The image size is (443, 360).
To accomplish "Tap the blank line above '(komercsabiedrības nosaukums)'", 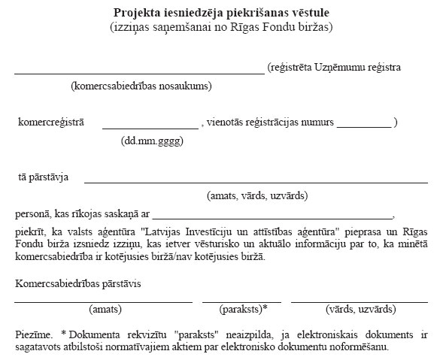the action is (139, 74).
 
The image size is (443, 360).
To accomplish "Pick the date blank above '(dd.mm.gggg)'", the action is (150, 128).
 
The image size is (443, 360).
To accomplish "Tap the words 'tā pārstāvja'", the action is (44, 177).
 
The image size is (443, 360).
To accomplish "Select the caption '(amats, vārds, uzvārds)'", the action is (256, 195).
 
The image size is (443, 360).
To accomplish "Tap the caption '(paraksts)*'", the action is (244, 309).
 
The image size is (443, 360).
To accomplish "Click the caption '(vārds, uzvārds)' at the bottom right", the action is (360, 309).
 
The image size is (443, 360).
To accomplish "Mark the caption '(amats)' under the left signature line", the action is (105, 309).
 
